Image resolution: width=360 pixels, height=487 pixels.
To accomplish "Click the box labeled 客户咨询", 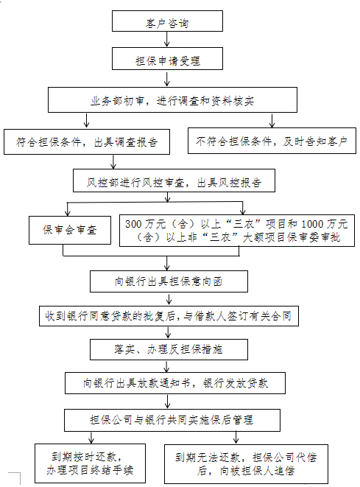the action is pyautogui.click(x=167, y=21).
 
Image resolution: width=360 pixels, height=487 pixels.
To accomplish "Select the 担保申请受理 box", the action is pyautogui.click(x=167, y=58).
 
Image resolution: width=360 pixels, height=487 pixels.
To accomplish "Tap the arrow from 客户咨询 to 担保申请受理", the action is pyautogui.click(x=167, y=39).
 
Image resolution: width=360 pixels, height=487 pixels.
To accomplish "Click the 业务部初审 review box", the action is pyautogui.click(x=172, y=99).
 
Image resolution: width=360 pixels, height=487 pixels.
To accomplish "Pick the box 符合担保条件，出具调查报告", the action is pyautogui.click(x=87, y=141).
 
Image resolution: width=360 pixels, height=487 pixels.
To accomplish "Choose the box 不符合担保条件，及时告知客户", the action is pyautogui.click(x=272, y=141).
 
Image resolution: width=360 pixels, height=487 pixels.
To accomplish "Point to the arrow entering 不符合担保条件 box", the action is pyautogui.click(x=272, y=120).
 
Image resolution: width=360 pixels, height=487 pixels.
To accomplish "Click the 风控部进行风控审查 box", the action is pyautogui.click(x=174, y=181).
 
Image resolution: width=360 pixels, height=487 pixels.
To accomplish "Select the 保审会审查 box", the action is pyautogui.click(x=70, y=230).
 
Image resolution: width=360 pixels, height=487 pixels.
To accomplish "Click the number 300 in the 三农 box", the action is pyautogui.click(x=133, y=224).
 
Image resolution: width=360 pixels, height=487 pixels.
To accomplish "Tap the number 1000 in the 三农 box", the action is pyautogui.click(x=312, y=224).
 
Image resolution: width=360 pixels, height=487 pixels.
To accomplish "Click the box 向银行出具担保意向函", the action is pyautogui.click(x=169, y=281).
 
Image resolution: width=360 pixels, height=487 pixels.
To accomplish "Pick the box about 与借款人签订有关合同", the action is pyautogui.click(x=169, y=316).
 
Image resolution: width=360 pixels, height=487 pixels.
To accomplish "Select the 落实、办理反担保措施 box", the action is pyautogui.click(x=169, y=350).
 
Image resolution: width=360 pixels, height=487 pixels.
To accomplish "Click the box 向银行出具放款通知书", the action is pyautogui.click(x=175, y=383).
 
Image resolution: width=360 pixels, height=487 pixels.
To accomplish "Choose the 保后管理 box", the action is pyautogui.click(x=172, y=420).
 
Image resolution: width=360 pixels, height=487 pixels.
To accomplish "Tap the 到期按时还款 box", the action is pyautogui.click(x=90, y=463).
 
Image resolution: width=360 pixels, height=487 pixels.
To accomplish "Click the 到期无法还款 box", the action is pyautogui.click(x=246, y=464).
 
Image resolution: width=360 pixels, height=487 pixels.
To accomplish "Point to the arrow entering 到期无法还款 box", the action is pyautogui.click(x=236, y=438).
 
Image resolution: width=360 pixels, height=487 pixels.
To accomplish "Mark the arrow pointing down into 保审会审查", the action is pyautogui.click(x=68, y=209).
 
